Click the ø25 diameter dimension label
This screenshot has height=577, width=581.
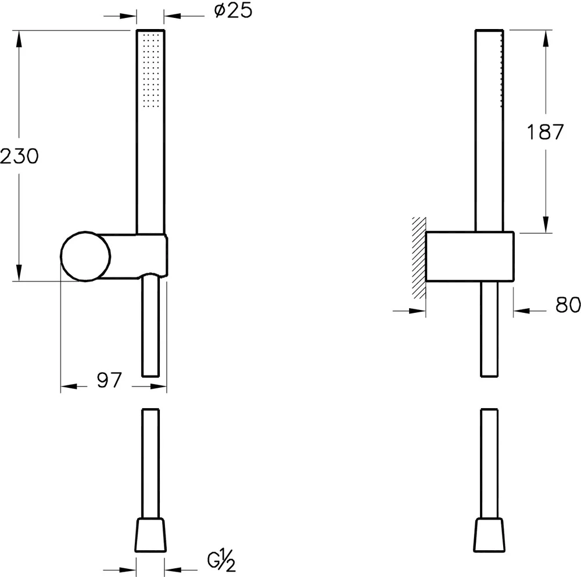click(234, 10)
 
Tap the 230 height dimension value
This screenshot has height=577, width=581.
click(19, 156)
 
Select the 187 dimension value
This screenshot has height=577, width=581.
click(545, 132)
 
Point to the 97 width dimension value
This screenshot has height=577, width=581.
click(109, 380)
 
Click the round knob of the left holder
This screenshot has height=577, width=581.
click(85, 257)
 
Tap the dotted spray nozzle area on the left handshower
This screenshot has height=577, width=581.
click(150, 71)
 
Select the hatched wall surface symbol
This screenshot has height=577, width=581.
click(419, 258)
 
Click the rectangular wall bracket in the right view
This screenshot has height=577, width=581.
click(469, 257)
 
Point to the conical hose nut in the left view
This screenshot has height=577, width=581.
click(150, 535)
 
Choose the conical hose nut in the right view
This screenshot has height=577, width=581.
click(489, 535)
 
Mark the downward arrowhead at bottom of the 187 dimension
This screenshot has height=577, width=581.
click(546, 224)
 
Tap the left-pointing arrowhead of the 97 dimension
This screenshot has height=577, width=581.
click(69, 387)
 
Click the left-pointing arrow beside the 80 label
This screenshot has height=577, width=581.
click(530, 311)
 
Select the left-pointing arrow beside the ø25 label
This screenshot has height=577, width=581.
click(184, 16)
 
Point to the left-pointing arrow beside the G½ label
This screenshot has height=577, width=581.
click(181, 571)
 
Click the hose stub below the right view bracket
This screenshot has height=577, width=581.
click(489, 329)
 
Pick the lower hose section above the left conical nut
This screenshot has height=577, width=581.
click(150, 463)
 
